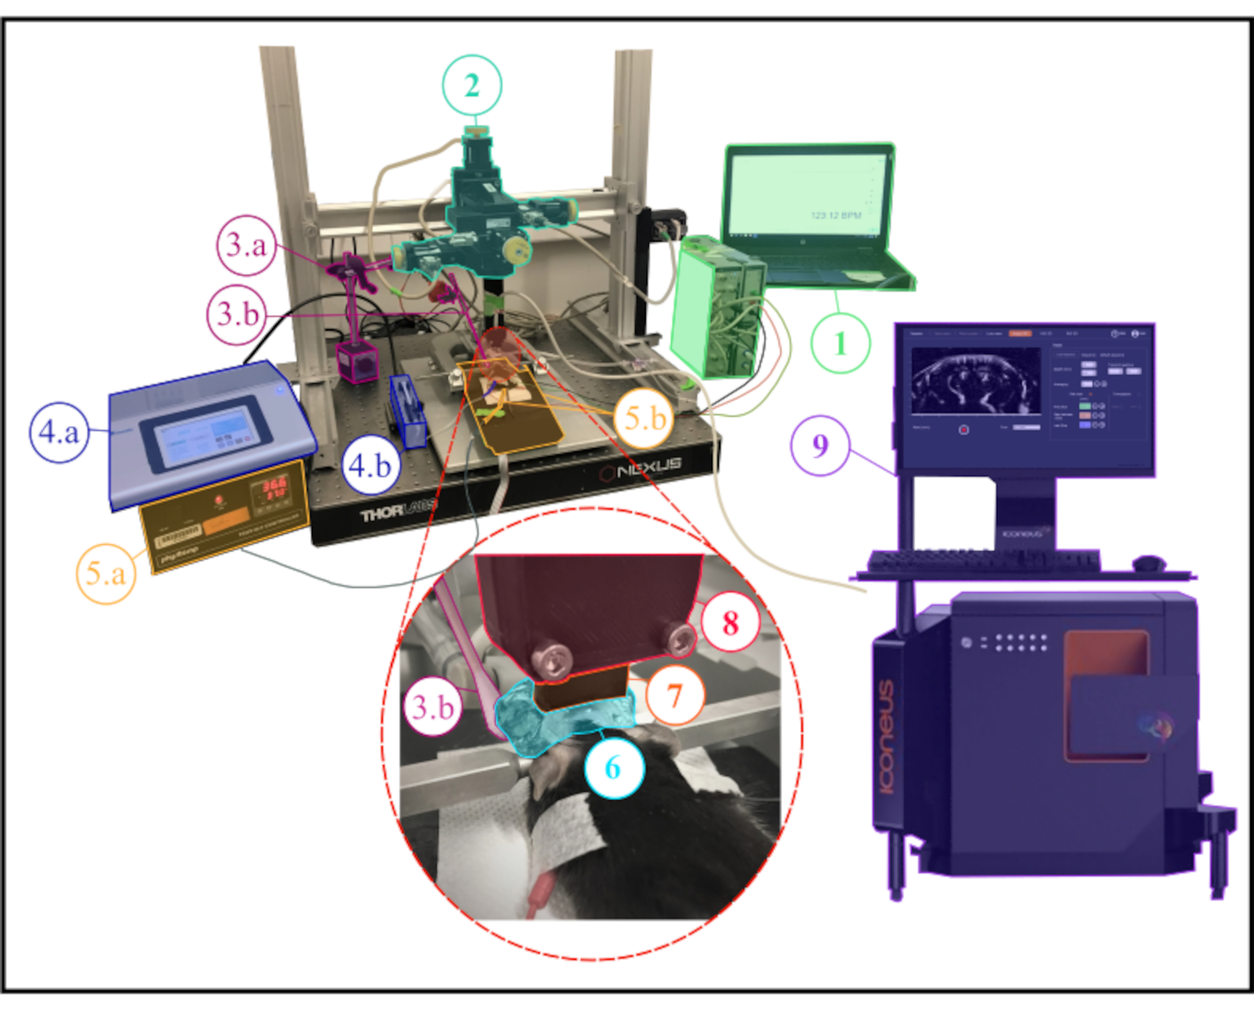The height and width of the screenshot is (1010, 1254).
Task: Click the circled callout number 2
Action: [x=472, y=86]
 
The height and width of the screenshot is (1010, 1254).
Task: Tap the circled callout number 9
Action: [x=820, y=446]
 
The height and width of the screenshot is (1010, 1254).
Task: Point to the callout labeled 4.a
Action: [x=59, y=432]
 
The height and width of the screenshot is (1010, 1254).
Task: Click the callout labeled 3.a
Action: [x=246, y=245]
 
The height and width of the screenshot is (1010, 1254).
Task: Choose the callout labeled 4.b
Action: [x=370, y=465]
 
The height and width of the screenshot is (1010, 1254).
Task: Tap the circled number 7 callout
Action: [x=675, y=695]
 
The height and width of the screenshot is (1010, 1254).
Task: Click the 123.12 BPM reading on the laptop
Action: [x=836, y=216]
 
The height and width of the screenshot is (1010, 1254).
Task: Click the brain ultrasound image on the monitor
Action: [x=975, y=381]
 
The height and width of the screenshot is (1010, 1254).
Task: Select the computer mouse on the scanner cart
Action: [x=1149, y=563]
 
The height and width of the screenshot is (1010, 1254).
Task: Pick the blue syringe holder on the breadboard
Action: [x=408, y=411]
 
